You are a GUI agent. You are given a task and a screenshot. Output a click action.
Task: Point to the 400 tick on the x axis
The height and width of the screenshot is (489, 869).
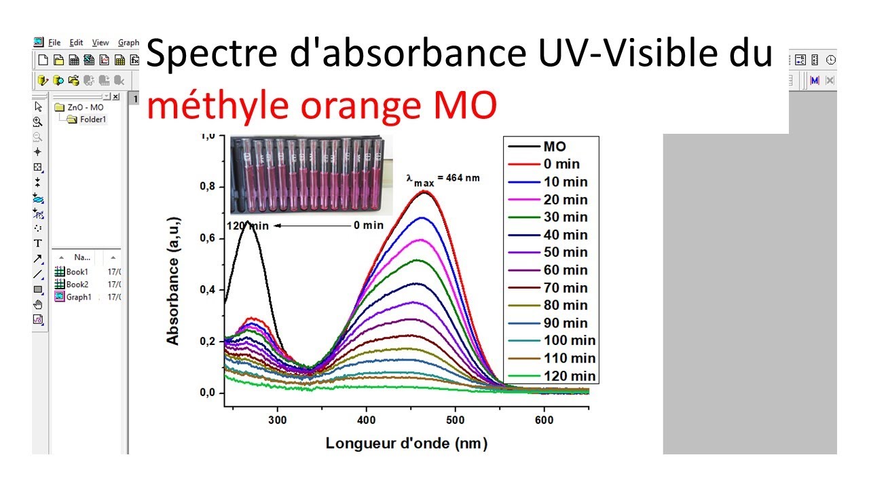pos(366,420)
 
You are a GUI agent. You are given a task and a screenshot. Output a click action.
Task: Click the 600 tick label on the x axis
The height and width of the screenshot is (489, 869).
pos(543,420)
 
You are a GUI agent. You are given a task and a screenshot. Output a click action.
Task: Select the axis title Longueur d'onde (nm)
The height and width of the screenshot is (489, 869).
pos(406,443)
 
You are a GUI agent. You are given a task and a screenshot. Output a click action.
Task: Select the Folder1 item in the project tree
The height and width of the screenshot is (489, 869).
pos(92,120)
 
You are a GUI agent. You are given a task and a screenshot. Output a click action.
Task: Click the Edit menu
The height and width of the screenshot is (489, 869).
pos(76,43)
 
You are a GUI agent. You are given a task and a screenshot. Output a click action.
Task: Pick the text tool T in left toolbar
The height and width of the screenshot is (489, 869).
pos(38,243)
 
